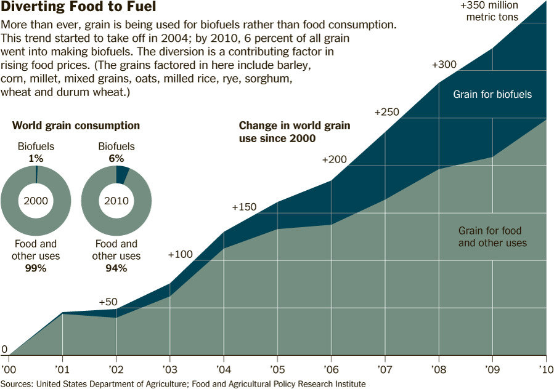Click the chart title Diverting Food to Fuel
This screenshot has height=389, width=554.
click(78, 6)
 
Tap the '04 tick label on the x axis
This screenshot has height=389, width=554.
click(223, 369)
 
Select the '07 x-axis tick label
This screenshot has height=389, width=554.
click(385, 369)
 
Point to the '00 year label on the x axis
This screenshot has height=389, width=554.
click(9, 369)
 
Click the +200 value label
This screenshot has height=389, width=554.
click(334, 159)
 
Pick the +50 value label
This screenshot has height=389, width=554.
click(108, 302)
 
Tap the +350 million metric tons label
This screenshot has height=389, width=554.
click(490, 11)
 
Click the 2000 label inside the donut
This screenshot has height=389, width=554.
click(36, 201)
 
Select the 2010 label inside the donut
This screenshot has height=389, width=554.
click(116, 201)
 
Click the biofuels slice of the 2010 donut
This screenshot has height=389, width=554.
click(122, 175)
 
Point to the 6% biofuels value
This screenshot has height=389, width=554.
click(116, 159)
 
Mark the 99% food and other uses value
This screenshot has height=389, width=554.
click(36, 268)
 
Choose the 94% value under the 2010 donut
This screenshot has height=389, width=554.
click(116, 268)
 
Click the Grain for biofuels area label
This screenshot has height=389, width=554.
click(492, 94)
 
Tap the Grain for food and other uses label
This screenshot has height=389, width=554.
click(492, 236)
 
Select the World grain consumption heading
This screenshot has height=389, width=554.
click(76, 126)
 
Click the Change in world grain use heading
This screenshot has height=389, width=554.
click(295, 132)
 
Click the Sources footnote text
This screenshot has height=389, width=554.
click(183, 383)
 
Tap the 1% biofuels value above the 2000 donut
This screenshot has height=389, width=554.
click(36, 159)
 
